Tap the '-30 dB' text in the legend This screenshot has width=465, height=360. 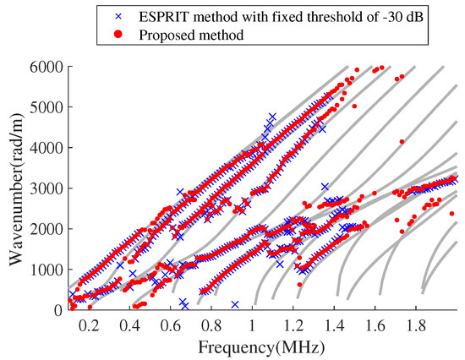tap(353, 15)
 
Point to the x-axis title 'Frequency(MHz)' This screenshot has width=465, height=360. tap(264, 346)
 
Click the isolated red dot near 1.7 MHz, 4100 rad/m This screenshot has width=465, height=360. tap(402, 142)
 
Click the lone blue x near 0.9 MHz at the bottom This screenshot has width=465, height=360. tap(235, 304)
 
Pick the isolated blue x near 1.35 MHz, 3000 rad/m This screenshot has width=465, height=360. tap(325, 187)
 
